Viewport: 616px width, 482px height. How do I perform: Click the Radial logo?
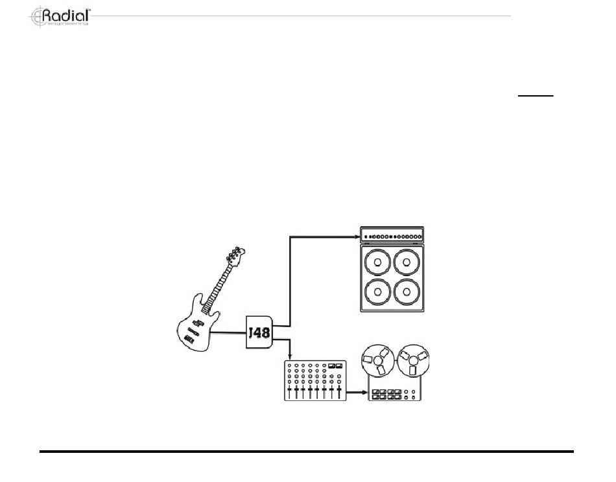[60, 16]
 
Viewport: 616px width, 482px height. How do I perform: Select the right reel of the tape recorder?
[413, 361]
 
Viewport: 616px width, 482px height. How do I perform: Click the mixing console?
[314, 381]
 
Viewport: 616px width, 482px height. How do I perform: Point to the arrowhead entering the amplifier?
[357, 237]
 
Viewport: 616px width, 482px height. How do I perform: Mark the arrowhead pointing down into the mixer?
[290, 358]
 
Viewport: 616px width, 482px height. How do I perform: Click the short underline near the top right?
[535, 96]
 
